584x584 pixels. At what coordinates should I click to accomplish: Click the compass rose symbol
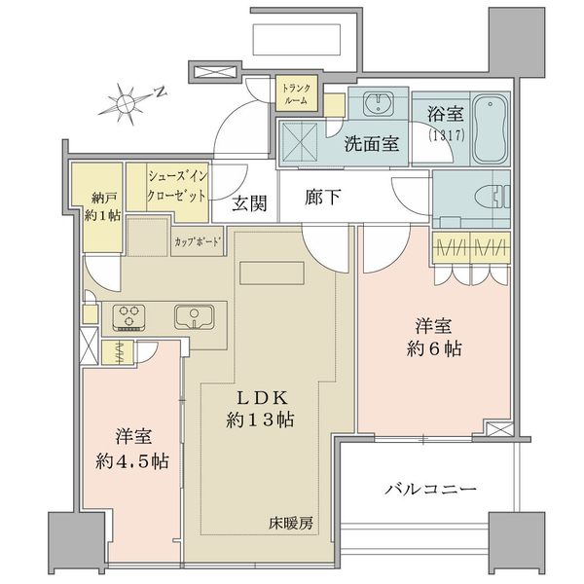(x=126, y=104)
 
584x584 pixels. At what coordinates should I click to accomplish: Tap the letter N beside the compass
(x=161, y=91)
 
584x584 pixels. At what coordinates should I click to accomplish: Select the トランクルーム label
(x=297, y=93)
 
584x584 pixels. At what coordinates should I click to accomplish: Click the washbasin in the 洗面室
(x=378, y=101)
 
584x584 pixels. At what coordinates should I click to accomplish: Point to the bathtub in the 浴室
(x=490, y=128)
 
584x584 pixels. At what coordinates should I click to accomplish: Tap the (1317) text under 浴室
(x=446, y=135)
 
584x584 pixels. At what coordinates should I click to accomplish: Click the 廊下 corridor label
(x=322, y=197)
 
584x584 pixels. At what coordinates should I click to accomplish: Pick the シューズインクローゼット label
(x=177, y=186)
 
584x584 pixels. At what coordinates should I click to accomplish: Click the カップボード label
(x=198, y=241)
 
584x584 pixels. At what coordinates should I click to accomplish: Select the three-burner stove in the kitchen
(x=128, y=317)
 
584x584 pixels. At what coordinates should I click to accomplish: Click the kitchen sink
(x=194, y=317)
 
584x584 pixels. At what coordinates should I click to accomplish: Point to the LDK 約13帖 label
(x=260, y=409)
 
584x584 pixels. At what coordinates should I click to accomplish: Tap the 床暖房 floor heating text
(x=291, y=524)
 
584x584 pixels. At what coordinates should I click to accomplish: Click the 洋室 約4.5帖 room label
(x=132, y=449)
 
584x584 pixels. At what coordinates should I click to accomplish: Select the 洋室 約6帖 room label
(x=434, y=338)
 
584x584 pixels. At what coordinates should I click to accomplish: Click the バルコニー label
(x=430, y=489)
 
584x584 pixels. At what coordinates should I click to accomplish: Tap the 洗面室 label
(x=372, y=143)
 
